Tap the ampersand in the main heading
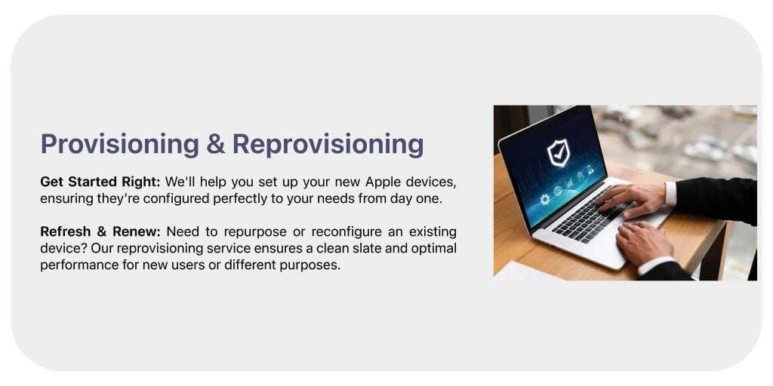click(215, 143)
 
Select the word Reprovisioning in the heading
click(328, 143)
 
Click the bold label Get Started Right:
click(100, 182)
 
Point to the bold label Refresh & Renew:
click(100, 231)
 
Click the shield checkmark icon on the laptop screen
click(559, 153)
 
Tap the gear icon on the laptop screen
click(544, 200)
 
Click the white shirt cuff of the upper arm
click(670, 194)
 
